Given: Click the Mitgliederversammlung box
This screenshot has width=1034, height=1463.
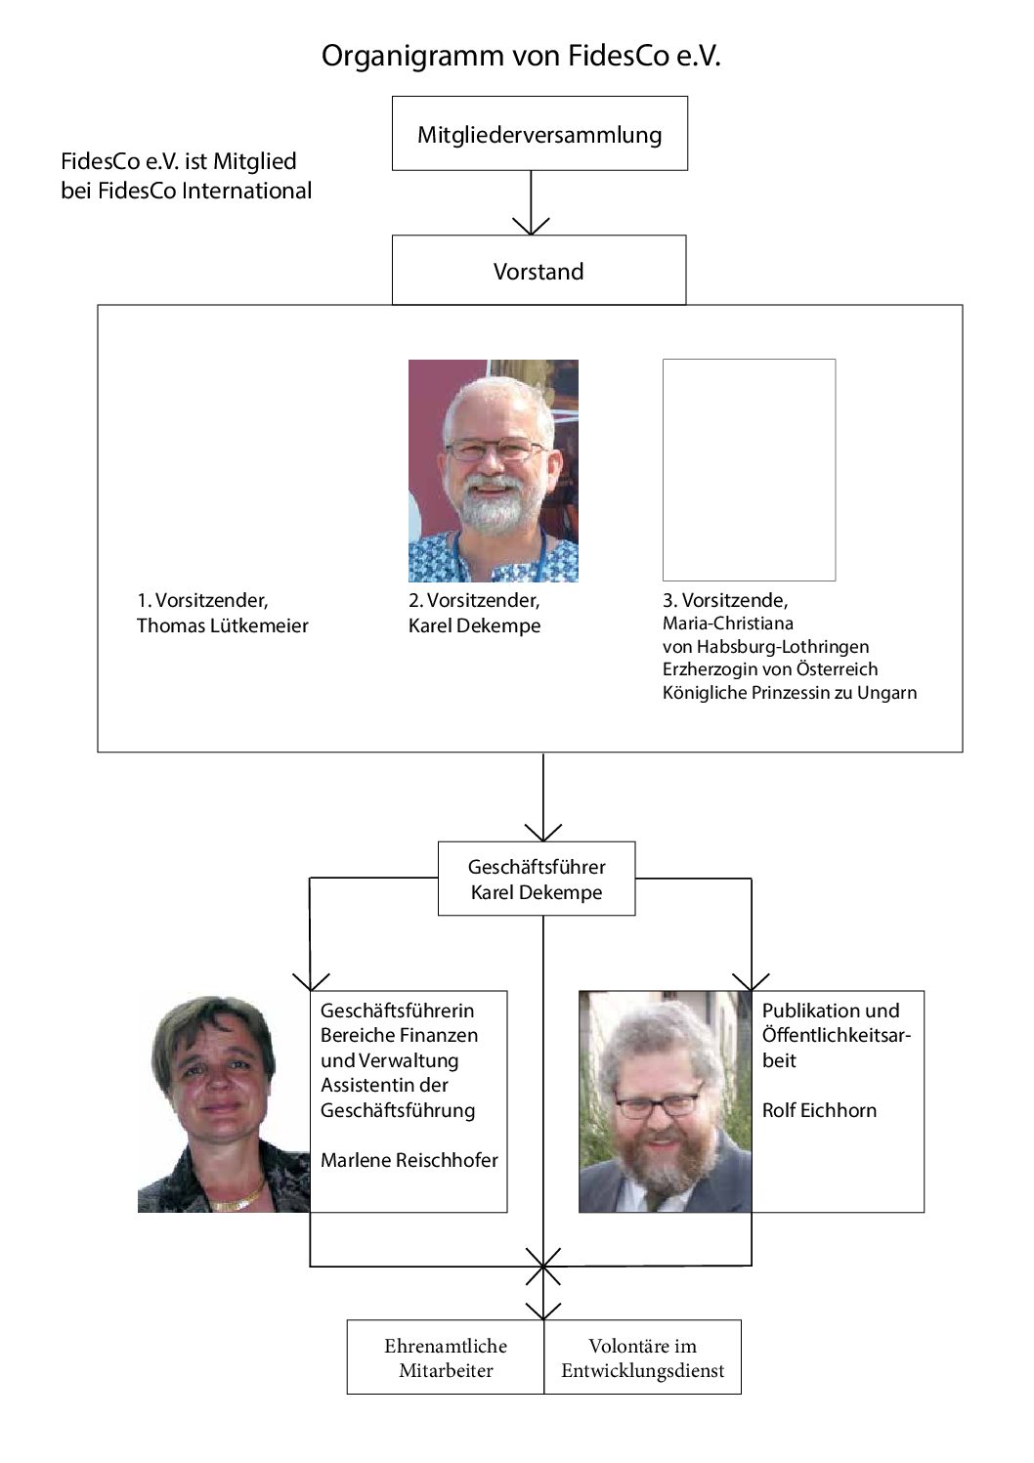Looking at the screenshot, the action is click(x=539, y=133).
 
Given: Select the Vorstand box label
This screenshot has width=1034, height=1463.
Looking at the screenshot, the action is click(x=539, y=271).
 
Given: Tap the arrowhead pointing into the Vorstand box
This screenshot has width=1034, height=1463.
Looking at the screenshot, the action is click(x=531, y=226).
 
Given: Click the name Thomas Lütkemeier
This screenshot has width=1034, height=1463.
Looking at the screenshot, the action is click(x=223, y=625).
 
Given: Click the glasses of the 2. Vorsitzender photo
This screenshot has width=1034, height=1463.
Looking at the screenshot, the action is click(x=495, y=450).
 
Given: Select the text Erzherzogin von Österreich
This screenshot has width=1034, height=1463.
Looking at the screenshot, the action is click(x=770, y=668).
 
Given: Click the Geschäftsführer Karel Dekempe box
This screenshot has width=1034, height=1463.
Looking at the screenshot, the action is click(x=537, y=878).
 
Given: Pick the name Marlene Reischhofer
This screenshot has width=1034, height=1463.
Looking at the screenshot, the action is click(x=409, y=1159).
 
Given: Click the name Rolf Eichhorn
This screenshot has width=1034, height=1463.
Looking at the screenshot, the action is click(x=819, y=1109).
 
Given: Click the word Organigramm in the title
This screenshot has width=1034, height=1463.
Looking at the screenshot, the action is click(x=412, y=57).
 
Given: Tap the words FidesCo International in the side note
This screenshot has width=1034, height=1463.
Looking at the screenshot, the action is click(x=204, y=190).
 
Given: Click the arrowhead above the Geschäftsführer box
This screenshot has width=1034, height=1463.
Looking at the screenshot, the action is click(x=542, y=832).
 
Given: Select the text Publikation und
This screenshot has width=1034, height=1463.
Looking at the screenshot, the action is click(x=831, y=1010).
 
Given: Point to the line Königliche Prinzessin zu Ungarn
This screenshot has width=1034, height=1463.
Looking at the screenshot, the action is click(x=790, y=692).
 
